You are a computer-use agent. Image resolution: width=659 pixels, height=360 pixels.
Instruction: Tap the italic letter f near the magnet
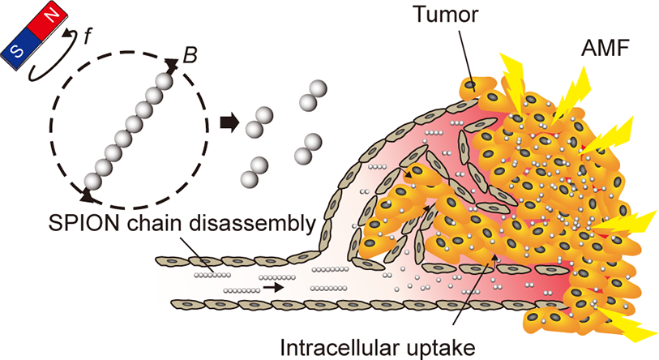pos(87,37)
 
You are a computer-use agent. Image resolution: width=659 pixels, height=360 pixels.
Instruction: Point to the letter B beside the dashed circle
pos(190,55)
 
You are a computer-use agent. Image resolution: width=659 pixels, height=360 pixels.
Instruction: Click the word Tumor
pos(446,15)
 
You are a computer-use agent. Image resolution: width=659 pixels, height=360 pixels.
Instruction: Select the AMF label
pos(605,49)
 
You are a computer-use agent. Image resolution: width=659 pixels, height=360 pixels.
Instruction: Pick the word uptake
pos(439,349)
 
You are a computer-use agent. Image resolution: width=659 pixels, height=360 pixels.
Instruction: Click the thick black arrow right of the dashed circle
pos(229,123)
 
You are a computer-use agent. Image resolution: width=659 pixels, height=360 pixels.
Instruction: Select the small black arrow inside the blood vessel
pos(273,288)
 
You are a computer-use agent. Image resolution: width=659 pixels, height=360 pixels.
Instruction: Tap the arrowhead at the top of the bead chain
pos(171,64)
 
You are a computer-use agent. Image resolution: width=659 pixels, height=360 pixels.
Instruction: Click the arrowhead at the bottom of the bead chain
pos(86,195)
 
